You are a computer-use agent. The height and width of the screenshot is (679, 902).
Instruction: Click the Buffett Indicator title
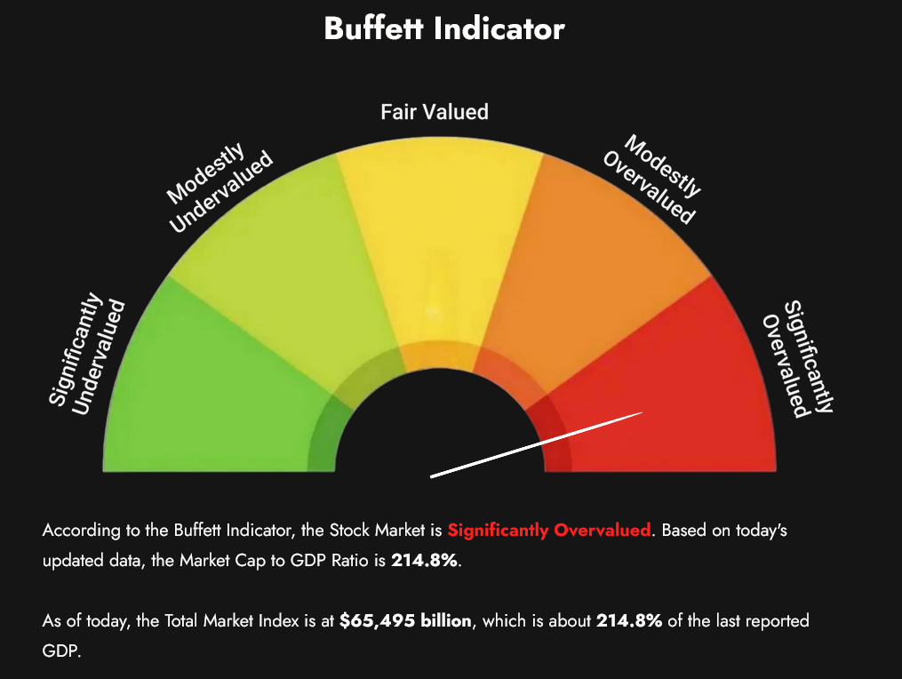point(443,28)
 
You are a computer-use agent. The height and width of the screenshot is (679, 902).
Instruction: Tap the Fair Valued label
point(435,112)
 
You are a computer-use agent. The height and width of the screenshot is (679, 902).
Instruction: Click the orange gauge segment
point(595,267)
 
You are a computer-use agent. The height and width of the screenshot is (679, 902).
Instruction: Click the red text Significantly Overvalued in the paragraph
point(548,531)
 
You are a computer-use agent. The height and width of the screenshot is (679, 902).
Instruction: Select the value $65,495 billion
point(405,621)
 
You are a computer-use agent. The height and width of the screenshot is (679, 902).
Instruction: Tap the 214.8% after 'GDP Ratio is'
point(426,561)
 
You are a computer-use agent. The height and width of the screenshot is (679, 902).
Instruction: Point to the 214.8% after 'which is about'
point(630,621)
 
